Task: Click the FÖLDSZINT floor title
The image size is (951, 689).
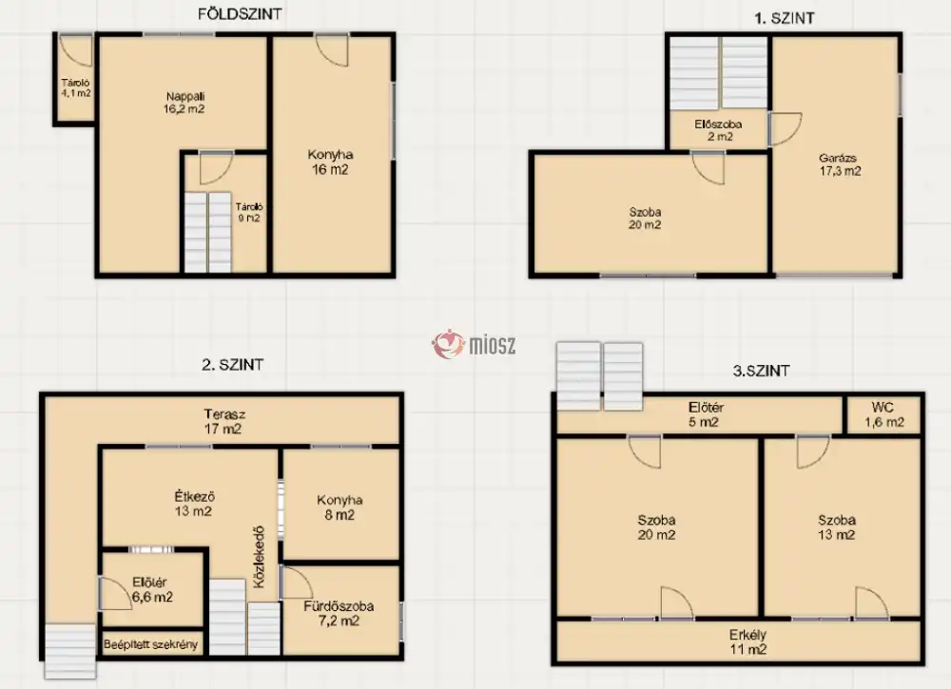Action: click(240, 14)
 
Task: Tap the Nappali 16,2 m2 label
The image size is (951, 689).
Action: click(185, 103)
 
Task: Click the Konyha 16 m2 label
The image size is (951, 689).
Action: click(331, 163)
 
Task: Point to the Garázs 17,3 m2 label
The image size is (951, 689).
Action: click(840, 164)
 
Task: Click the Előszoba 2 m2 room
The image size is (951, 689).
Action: click(718, 129)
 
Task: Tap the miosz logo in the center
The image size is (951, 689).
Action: click(475, 344)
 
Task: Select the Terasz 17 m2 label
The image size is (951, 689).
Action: click(224, 422)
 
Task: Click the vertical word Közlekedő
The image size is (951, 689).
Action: click(261, 556)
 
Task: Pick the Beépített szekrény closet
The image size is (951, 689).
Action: click(151, 644)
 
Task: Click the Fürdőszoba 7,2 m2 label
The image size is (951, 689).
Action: click(339, 613)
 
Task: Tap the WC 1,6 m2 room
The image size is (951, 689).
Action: click(883, 414)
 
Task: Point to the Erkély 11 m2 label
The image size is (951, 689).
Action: click(747, 642)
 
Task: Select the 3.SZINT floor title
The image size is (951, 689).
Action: click(761, 371)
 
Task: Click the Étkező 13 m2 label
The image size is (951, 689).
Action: click(194, 504)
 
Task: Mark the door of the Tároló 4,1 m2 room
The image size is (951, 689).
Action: click(76, 51)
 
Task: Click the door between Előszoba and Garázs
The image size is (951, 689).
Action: click(786, 129)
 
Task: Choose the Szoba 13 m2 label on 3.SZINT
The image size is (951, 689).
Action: click(836, 527)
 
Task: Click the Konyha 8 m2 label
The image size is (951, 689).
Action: click(340, 507)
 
